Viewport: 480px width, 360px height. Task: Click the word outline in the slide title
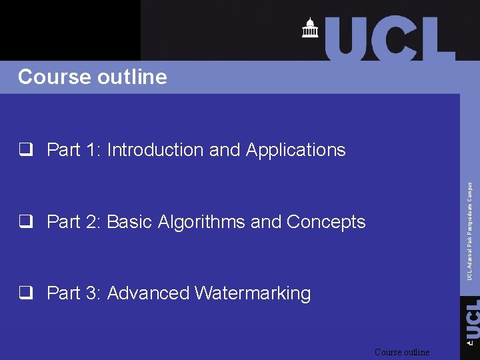click(132, 77)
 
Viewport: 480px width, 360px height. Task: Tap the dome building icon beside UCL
click(309, 29)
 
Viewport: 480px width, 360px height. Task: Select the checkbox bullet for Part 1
click(27, 150)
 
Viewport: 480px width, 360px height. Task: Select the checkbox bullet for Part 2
click(27, 222)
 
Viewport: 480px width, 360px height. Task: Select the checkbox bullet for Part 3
click(27, 294)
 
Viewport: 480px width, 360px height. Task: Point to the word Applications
click(295, 151)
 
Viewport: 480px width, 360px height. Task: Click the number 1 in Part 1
click(92, 150)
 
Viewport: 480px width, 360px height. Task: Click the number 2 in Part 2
click(92, 222)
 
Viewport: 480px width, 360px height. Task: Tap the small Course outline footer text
click(402, 352)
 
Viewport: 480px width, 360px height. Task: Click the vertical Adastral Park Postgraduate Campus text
click(470, 231)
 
